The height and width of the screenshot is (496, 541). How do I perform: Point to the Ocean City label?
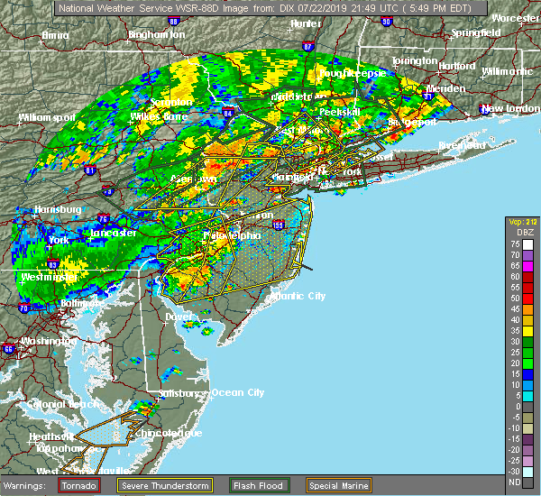238,392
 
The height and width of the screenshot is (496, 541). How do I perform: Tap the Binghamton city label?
155,34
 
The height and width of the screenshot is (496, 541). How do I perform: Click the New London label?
505,108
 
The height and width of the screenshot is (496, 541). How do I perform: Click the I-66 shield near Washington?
9,349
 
